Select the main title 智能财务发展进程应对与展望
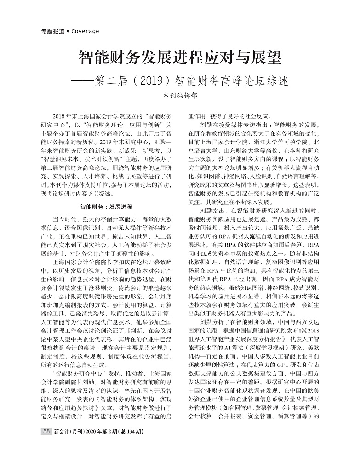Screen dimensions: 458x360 [x=179, y=58]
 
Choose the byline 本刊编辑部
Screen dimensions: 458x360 [x=180, y=97]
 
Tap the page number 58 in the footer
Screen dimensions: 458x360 [x=46, y=432]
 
